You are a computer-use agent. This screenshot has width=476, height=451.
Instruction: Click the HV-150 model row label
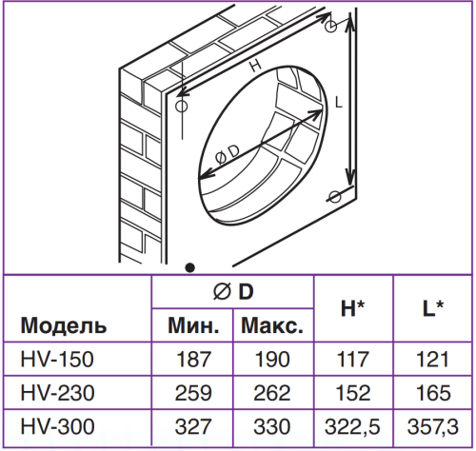pos(57,360)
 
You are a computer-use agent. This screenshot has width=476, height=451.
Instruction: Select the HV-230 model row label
pos(57,393)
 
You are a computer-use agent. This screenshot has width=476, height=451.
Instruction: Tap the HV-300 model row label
pos(57,426)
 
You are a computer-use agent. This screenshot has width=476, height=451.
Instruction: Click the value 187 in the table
pos(193,360)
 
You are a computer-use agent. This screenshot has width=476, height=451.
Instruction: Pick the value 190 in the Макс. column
pos(272,360)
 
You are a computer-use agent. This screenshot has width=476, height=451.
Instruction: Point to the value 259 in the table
pos(193,393)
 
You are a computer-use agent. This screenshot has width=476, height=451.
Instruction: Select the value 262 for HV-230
pos(272,393)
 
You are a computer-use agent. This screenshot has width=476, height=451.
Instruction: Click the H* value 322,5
pos(352,427)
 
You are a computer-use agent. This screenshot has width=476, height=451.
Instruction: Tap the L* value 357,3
pos(433,427)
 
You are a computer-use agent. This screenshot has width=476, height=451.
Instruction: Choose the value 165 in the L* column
pos(433,393)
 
